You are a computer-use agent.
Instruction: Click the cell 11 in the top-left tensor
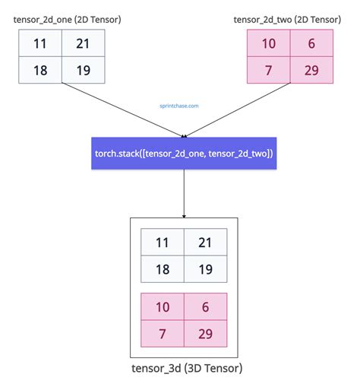[39, 43]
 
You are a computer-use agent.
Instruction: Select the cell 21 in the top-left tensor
[83, 43]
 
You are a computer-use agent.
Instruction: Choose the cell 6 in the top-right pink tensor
[311, 43]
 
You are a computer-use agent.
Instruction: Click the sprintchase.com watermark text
[179, 106]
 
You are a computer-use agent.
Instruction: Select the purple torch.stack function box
[184, 154]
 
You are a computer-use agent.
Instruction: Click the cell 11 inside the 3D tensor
[162, 243]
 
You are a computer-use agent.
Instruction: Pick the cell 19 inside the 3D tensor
[205, 268]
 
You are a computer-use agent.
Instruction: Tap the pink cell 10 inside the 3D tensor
[162, 307]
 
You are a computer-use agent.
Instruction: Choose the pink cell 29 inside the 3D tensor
[205, 333]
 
